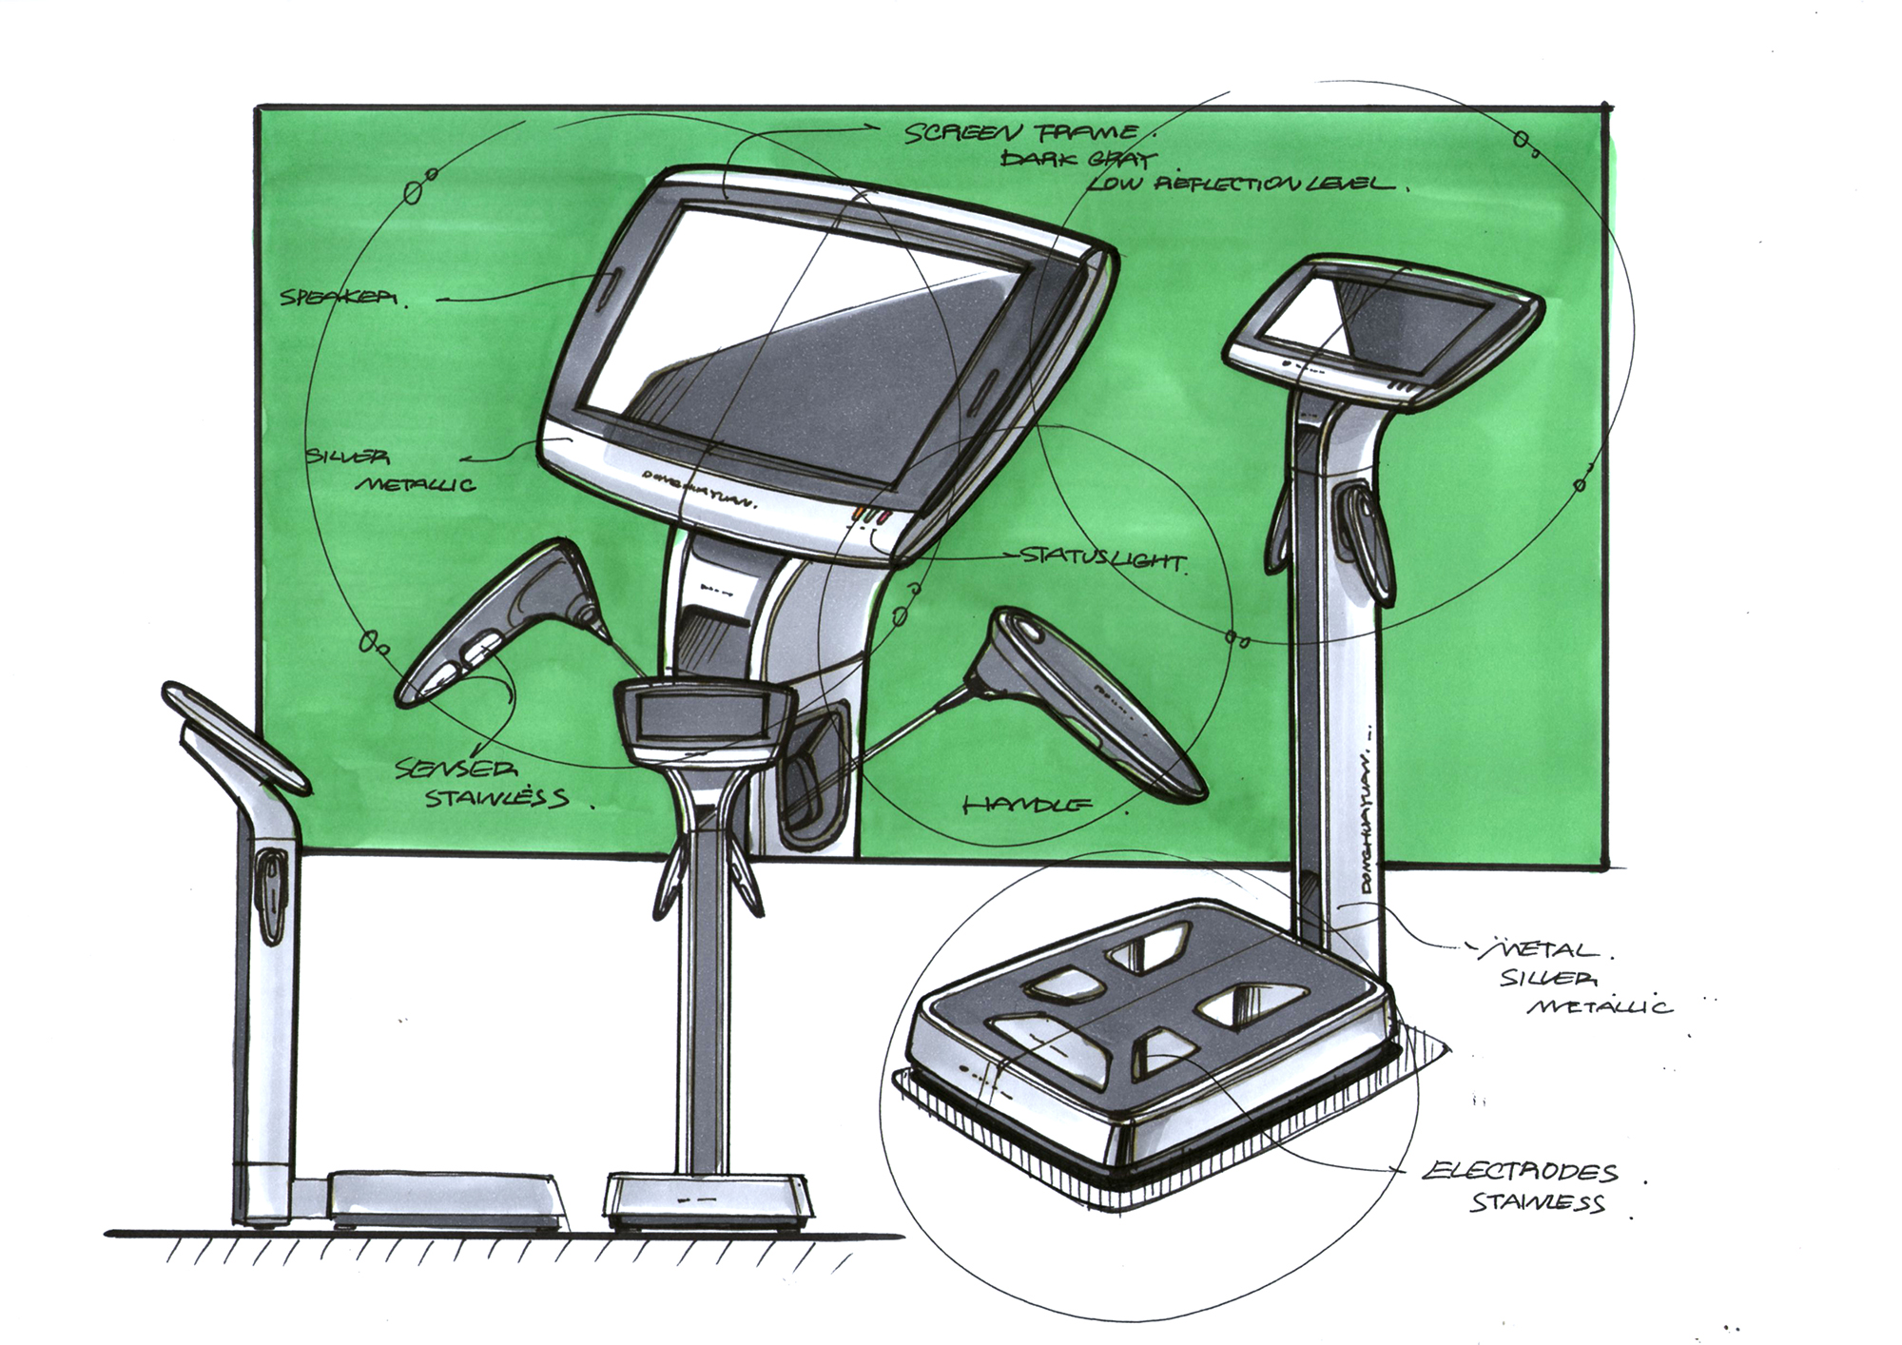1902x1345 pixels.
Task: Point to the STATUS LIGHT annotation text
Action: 1103,558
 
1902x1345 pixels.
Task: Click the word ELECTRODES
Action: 1520,1172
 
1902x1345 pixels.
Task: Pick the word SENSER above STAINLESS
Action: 456,769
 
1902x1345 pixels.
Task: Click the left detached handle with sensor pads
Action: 495,628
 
